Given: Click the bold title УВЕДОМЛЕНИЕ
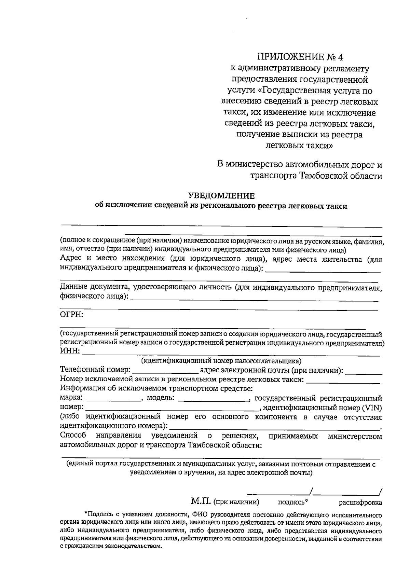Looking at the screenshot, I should (x=222, y=196).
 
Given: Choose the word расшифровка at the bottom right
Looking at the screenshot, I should (x=360, y=502).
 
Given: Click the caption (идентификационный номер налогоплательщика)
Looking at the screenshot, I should (x=221, y=361).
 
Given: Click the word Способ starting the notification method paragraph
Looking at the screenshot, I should (x=73, y=436).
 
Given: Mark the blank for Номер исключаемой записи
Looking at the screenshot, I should (x=343, y=382).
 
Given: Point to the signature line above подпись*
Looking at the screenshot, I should (x=278, y=494).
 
